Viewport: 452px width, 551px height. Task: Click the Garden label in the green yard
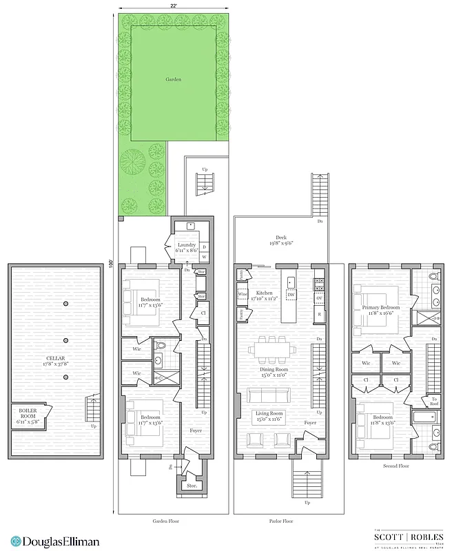coord(174,79)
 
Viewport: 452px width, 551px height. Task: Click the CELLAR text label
coord(52,357)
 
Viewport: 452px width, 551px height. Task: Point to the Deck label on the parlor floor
coord(280,240)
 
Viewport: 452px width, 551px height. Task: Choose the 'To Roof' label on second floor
coord(435,402)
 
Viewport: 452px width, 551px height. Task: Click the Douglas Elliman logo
coord(55,541)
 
